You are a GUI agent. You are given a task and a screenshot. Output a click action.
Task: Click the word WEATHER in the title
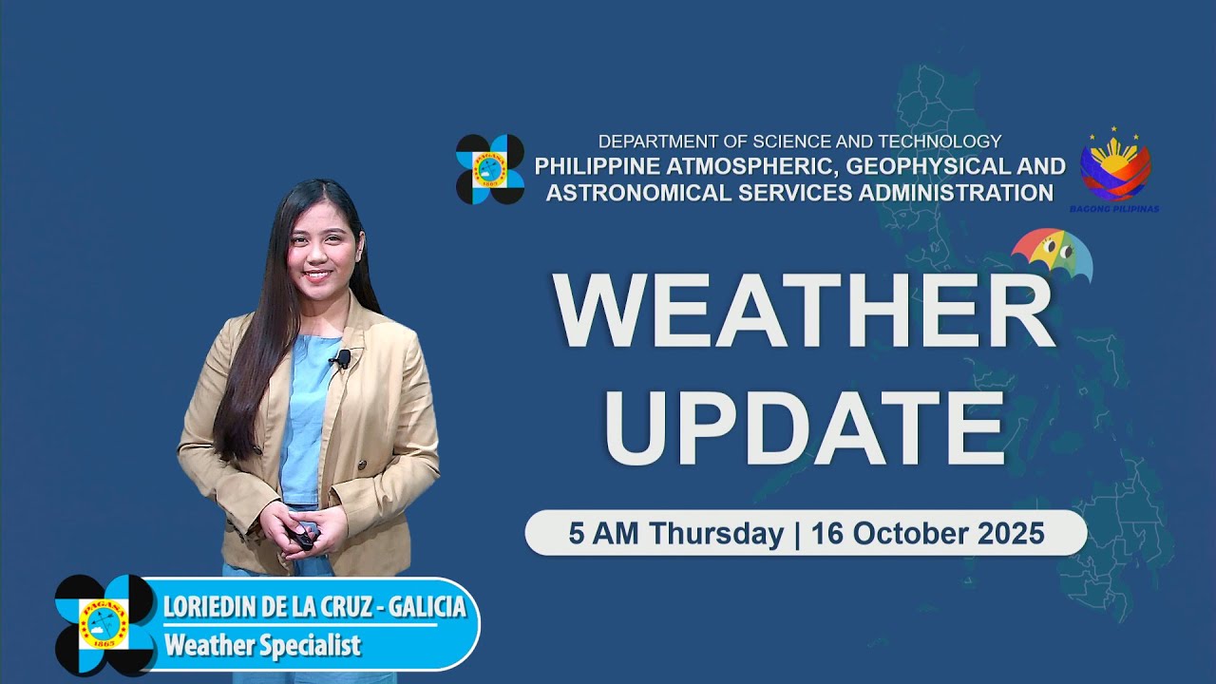804,311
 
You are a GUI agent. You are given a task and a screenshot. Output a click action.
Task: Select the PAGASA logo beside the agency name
489,169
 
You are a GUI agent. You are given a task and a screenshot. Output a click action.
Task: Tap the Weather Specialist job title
262,646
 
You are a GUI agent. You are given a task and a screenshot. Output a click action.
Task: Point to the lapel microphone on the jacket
342,358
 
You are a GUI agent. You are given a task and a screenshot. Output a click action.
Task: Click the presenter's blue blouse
307,418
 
